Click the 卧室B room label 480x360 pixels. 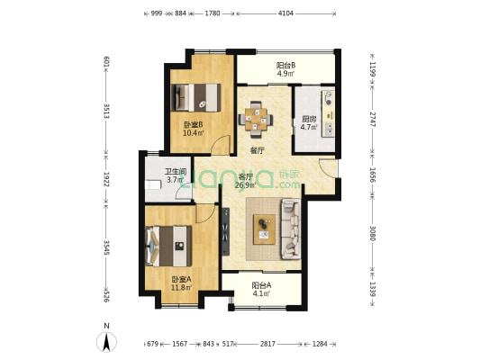193,125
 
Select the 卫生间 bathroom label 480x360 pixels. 175,172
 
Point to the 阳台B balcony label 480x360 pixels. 285,66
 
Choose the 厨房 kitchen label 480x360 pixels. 309,119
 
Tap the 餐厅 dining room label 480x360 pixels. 258,150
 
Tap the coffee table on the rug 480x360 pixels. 265,230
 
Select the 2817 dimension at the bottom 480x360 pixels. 267,344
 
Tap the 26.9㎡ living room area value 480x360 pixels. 244,185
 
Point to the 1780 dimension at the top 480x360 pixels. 213,13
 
